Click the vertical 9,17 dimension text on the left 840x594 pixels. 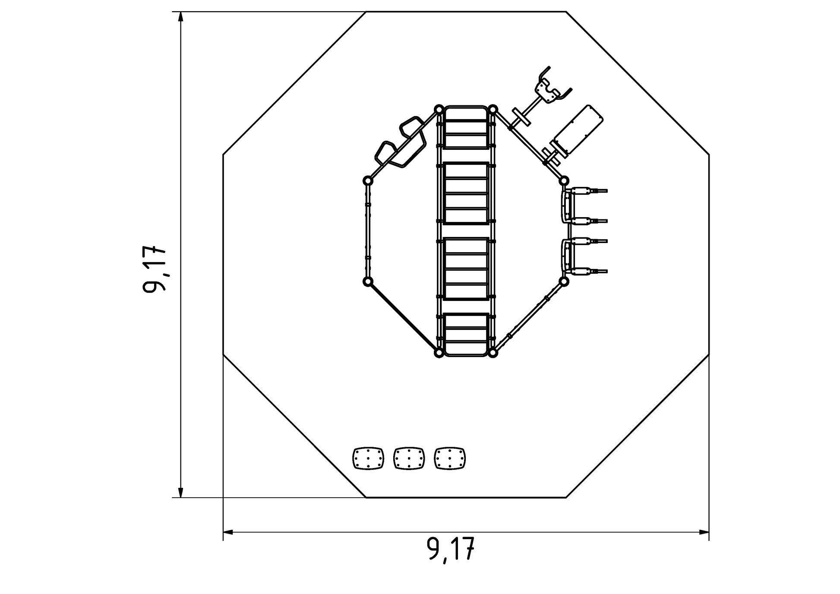154,269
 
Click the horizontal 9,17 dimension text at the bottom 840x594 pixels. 451,549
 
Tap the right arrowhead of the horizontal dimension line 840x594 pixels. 703,532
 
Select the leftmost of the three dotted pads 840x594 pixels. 368,458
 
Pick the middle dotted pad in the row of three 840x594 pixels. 409,458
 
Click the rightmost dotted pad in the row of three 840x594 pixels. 450,458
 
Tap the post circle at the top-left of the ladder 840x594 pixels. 439,109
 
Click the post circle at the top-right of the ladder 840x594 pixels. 493,109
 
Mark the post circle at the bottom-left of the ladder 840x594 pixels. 439,353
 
